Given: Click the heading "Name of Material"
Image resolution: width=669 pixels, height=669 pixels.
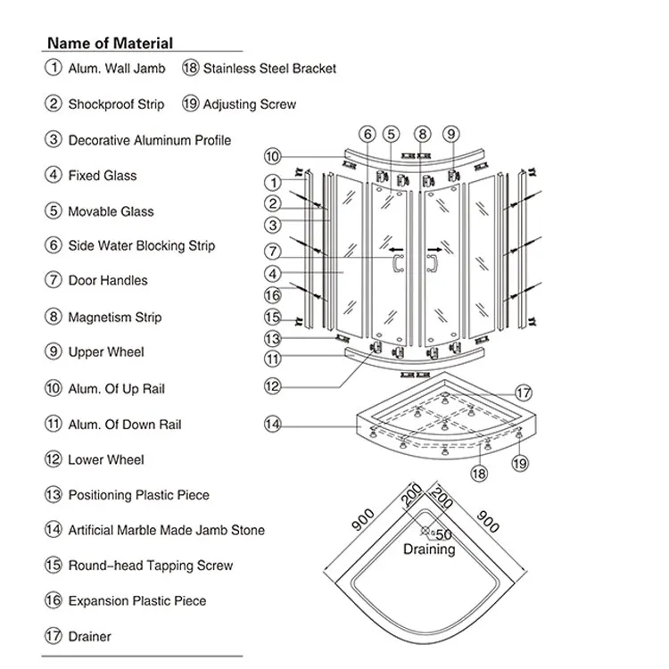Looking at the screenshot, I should coord(110,42).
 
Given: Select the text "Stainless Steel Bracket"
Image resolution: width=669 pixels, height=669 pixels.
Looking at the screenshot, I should coord(269,68).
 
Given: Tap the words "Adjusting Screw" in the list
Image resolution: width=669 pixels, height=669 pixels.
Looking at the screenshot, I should coord(249,104).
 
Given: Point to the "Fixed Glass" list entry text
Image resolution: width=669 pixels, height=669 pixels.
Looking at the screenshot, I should coord(103,176).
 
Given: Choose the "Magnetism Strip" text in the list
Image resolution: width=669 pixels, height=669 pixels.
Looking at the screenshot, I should coord(115,317).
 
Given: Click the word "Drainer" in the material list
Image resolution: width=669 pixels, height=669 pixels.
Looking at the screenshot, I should coord(90,637).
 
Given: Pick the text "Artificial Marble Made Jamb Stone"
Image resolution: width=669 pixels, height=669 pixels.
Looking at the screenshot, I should coord(166,530).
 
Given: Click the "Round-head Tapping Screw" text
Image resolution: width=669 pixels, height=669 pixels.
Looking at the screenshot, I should coord(150,566).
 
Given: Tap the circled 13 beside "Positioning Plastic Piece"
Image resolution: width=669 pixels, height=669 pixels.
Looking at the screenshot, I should coord(54,495).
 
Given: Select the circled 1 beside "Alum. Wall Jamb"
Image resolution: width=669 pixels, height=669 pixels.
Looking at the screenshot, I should coord(54,68).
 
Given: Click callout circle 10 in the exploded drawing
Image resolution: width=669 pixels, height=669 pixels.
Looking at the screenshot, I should coord(273,157).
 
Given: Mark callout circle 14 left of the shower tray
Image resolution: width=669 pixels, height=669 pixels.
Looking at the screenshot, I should coord(273,425).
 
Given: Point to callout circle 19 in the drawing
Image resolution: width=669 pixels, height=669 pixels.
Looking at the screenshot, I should coord(520,462).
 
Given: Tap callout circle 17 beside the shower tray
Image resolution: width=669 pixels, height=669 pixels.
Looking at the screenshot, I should coord(523,392).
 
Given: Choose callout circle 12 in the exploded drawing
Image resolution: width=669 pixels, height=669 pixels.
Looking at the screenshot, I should coord(273,386).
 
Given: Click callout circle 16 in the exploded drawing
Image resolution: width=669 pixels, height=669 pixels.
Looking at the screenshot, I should coord(273,295).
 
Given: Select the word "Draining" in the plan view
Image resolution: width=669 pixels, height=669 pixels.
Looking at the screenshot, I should coord(429,550).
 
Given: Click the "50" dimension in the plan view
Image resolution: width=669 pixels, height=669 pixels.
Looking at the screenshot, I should coord(443,533).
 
